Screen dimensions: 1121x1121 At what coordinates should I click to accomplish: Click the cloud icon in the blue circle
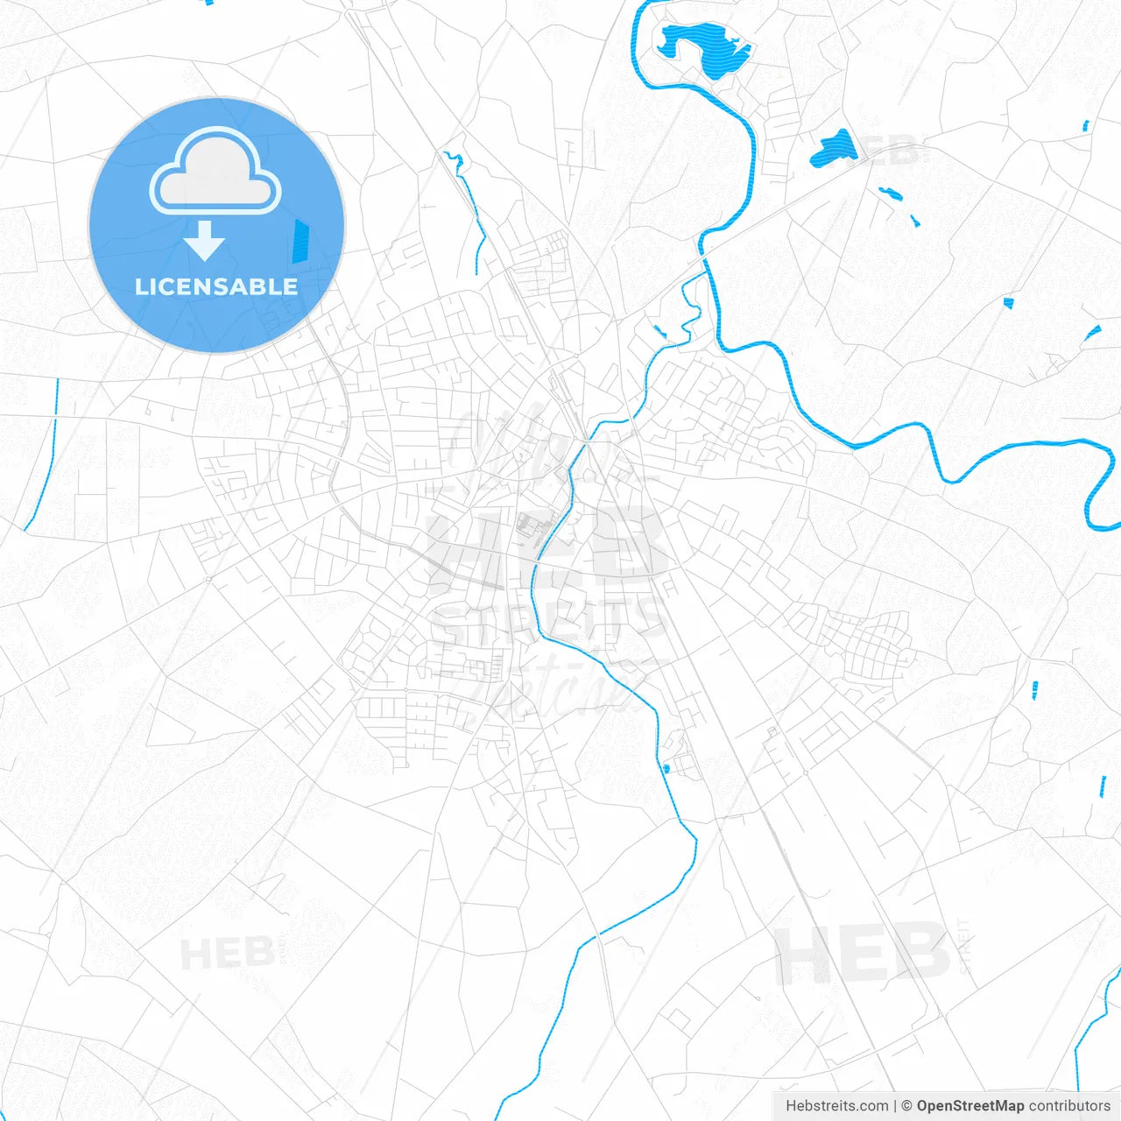(x=215, y=172)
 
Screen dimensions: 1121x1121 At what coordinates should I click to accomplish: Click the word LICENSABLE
(x=216, y=286)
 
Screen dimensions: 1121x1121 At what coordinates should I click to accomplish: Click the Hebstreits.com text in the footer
(x=836, y=1106)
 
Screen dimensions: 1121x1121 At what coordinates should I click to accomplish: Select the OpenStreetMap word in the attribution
(x=969, y=1106)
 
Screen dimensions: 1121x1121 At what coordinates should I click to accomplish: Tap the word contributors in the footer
(x=1069, y=1106)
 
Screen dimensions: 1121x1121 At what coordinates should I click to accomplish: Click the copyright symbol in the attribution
(x=906, y=1106)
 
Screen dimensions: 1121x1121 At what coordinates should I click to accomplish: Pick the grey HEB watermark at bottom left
(x=227, y=954)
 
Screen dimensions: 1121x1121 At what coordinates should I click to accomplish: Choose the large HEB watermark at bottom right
(x=863, y=953)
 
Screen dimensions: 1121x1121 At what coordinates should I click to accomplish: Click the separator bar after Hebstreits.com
(x=895, y=1106)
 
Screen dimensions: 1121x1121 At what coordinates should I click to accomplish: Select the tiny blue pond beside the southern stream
(x=666, y=769)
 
